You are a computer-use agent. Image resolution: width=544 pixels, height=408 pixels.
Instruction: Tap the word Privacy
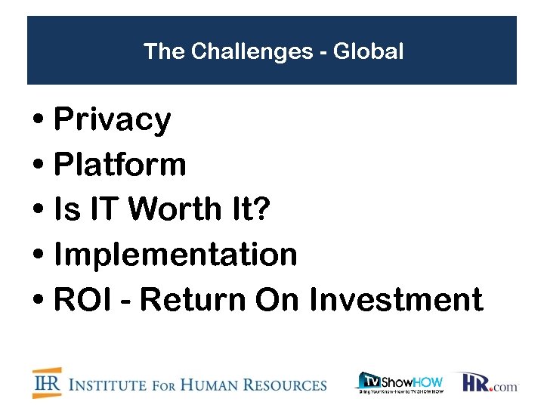(x=113, y=120)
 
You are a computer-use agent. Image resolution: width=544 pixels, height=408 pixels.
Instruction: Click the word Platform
(x=120, y=165)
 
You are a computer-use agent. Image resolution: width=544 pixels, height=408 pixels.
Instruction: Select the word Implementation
(x=176, y=255)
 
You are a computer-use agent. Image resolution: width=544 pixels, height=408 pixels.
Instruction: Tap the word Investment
(x=396, y=300)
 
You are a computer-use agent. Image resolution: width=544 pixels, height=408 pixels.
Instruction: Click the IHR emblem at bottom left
(x=47, y=382)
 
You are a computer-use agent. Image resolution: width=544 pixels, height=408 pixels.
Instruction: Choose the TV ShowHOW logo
(x=400, y=382)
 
